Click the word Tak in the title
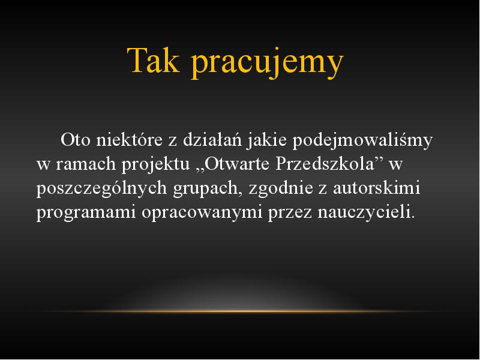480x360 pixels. click(153, 61)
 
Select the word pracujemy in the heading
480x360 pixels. click(267, 64)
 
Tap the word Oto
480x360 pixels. click(76, 140)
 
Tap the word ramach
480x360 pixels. click(86, 164)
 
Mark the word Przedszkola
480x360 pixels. click(325, 164)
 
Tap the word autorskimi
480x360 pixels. click(377, 188)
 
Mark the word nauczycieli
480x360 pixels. click(364, 212)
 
